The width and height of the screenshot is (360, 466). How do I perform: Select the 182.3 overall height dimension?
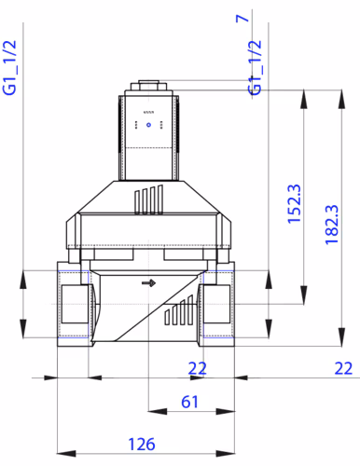click(x=333, y=225)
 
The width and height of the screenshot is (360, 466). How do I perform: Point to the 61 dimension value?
click(x=188, y=402)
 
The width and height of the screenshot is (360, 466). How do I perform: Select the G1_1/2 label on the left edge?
click(x=11, y=68)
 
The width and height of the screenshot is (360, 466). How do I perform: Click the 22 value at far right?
click(x=344, y=368)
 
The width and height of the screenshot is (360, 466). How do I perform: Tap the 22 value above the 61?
click(x=197, y=368)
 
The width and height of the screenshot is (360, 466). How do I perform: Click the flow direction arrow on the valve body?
click(x=146, y=282)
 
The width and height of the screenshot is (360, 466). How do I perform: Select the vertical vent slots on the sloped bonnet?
click(x=148, y=199)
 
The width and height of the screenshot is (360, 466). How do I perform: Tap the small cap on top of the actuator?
click(x=148, y=86)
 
